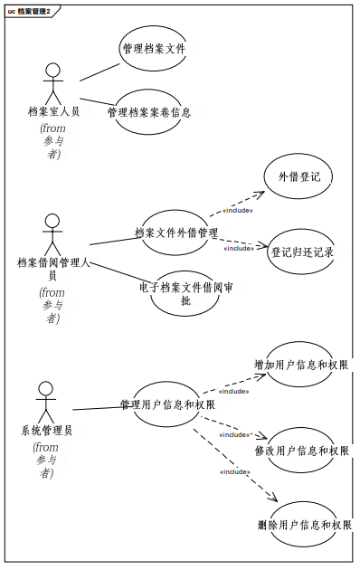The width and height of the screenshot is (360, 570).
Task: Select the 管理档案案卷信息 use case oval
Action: [149, 113]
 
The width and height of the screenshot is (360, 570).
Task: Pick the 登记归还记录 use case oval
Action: [302, 252]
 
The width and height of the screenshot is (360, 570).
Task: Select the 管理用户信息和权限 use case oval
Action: [167, 404]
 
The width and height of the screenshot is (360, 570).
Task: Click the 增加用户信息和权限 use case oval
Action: [301, 366]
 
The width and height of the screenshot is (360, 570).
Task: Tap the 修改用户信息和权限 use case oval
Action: [301, 451]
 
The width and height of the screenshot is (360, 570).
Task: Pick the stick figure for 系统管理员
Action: [46, 402]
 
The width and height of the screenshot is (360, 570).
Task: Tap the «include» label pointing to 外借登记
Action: [237, 211]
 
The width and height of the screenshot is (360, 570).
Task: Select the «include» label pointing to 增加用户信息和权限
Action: [232, 392]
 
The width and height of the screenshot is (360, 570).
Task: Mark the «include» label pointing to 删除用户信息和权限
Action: [235, 471]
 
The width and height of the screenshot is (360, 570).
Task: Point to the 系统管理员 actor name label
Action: [46, 431]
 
